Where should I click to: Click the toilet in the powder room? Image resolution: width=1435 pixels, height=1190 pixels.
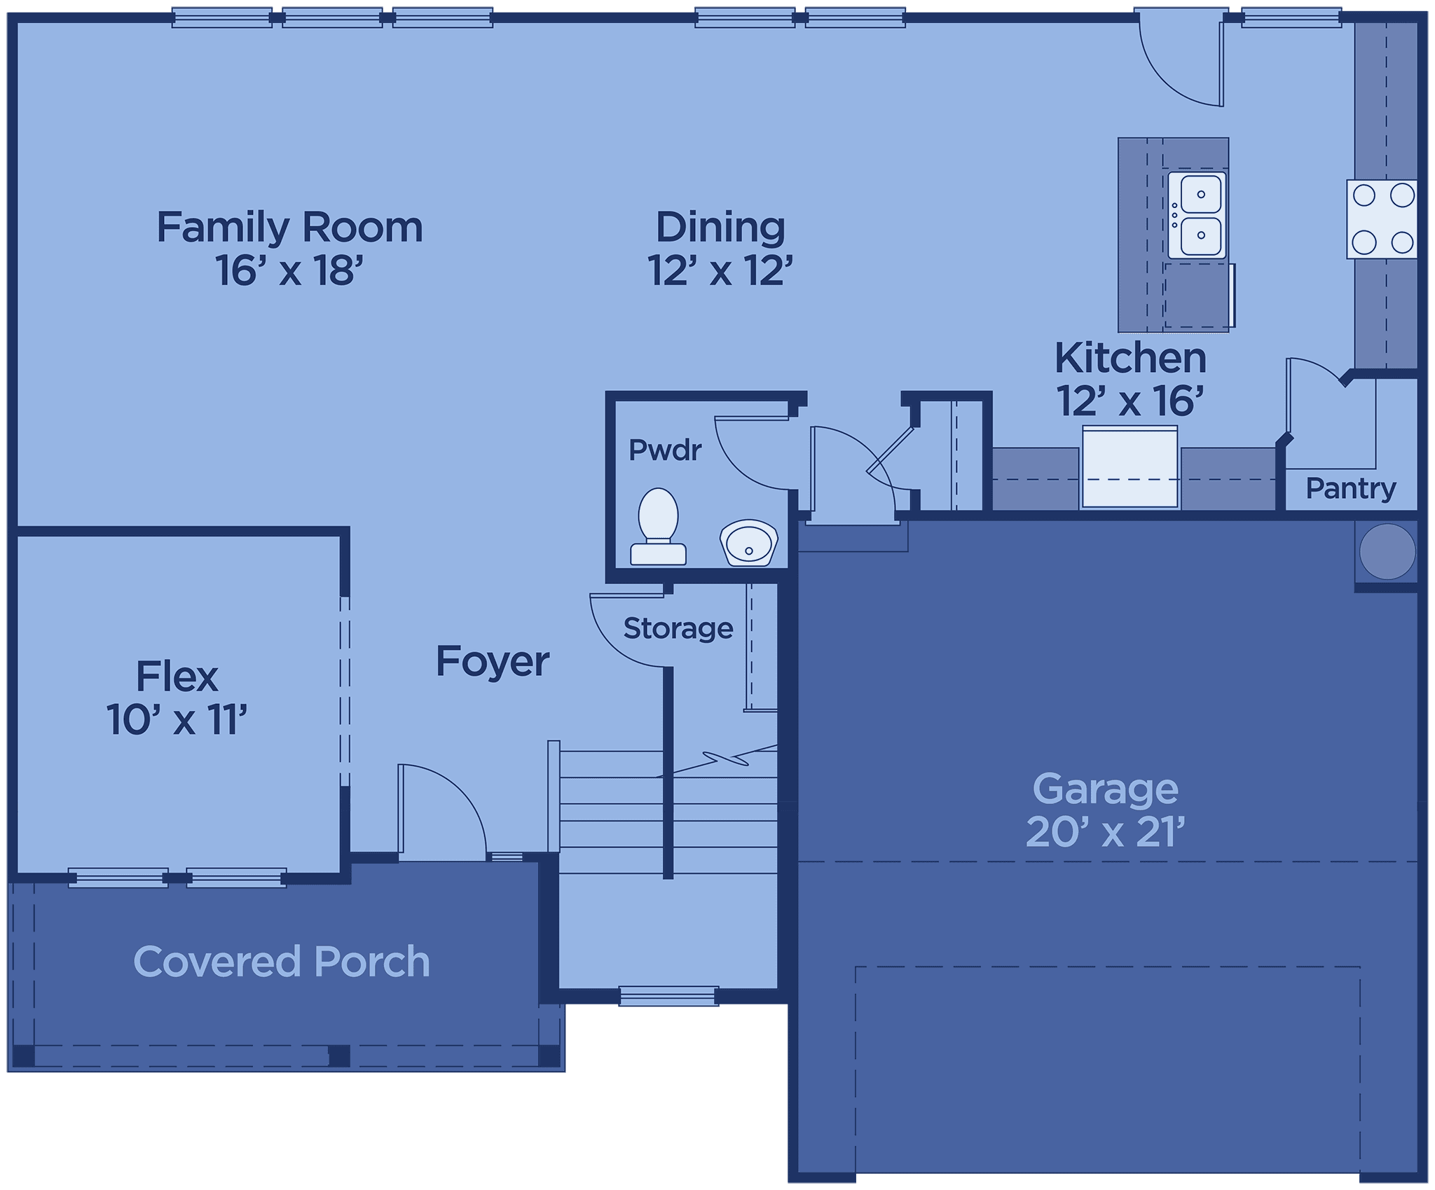click(658, 526)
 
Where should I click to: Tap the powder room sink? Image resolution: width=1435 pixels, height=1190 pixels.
click(749, 542)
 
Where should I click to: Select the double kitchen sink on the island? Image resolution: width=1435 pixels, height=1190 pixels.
click(1197, 216)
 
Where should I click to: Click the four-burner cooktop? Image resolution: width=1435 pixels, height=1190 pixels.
click(1382, 219)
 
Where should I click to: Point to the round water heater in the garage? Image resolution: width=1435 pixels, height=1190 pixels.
click(1387, 552)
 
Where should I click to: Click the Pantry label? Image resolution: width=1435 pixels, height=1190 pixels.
click(1351, 488)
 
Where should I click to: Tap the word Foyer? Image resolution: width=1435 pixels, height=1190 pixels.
click(493, 662)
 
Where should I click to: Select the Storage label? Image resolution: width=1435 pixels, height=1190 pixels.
click(678, 628)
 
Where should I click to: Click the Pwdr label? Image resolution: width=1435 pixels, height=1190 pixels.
click(665, 450)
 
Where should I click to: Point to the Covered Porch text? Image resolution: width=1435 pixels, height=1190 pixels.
click(282, 961)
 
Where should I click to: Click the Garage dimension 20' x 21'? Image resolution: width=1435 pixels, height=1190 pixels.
click(1105, 832)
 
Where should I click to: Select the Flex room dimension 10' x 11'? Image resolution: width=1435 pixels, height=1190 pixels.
click(177, 719)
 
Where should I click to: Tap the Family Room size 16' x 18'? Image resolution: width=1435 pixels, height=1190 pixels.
click(289, 270)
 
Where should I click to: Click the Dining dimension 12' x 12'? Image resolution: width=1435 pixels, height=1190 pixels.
click(720, 270)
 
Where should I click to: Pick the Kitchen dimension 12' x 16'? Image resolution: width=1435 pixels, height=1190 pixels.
click(1130, 401)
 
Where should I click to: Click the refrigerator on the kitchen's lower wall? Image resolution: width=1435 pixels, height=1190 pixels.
click(1130, 466)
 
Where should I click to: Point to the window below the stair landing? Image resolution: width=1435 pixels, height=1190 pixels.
click(668, 995)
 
